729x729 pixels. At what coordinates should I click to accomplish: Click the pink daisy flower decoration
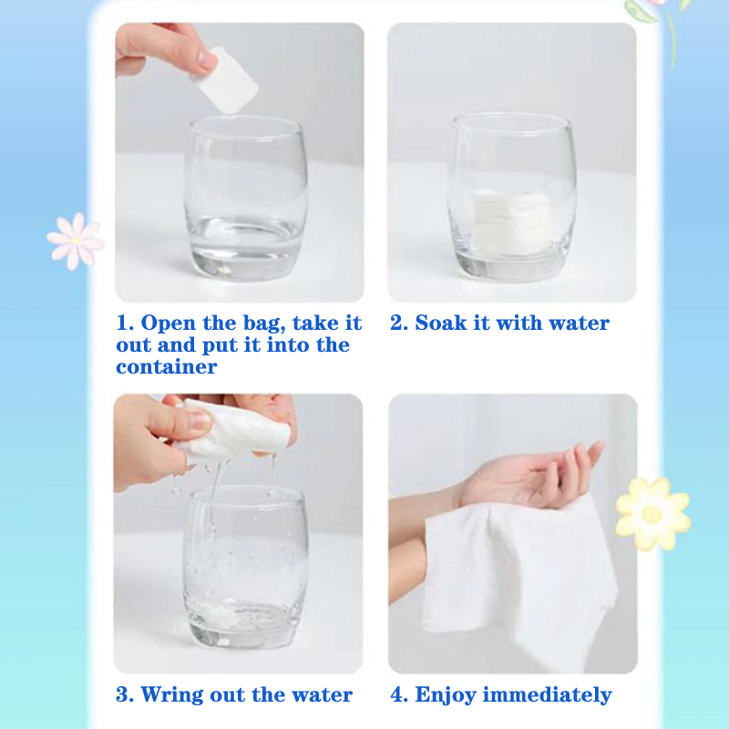click(76, 241)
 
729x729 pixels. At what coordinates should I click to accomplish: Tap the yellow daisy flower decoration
click(652, 513)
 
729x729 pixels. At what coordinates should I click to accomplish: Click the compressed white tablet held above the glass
click(225, 80)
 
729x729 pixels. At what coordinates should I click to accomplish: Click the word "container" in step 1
click(167, 367)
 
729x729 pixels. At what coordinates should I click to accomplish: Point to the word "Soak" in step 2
click(441, 323)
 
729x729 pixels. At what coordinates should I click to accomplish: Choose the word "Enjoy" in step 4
click(446, 695)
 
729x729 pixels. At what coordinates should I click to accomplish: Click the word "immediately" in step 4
click(548, 695)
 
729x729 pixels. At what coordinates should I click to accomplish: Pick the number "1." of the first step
click(125, 323)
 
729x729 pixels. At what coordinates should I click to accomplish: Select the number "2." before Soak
click(399, 323)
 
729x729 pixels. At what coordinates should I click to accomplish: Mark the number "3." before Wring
click(125, 694)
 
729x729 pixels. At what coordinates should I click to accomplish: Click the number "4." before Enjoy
click(399, 694)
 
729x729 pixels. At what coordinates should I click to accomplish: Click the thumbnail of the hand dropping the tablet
click(240, 162)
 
